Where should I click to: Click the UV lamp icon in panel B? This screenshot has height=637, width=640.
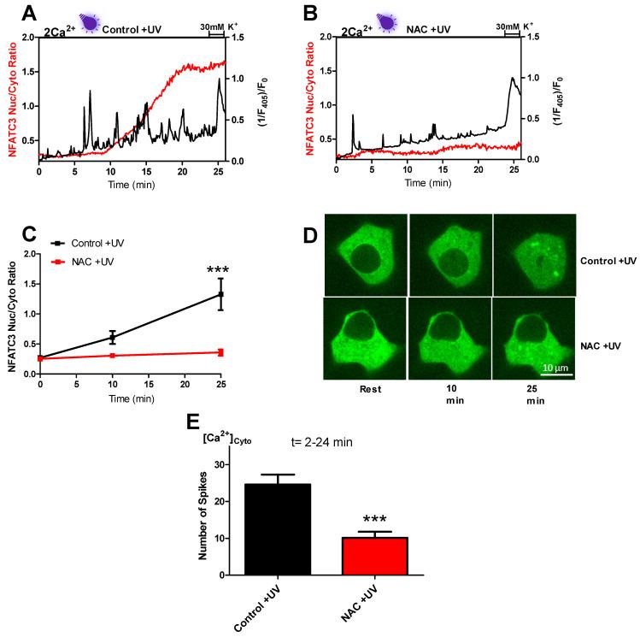(387, 22)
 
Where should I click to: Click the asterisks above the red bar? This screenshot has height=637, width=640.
(374, 520)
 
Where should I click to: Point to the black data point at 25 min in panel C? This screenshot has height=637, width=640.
(220, 294)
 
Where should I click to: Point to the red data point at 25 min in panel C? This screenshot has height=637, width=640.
(220, 352)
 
